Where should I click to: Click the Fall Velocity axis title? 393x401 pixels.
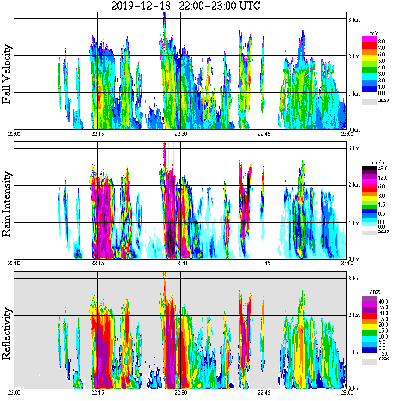tap(7, 74)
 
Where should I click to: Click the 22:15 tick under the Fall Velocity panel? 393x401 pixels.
tap(97, 134)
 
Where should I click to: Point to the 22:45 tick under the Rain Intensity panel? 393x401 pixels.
tap(264, 263)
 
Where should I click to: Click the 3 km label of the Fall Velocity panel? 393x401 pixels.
tap(354, 19)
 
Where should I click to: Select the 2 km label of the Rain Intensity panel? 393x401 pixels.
tap(354, 185)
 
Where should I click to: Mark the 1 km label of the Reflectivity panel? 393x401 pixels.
tap(354, 352)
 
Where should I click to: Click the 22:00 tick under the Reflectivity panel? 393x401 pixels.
tap(14, 393)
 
